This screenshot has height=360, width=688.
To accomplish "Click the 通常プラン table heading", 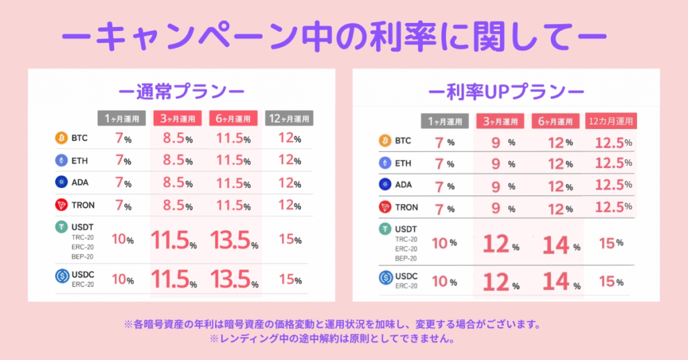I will (181, 91).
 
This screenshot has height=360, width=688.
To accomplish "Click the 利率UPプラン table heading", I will (506, 91).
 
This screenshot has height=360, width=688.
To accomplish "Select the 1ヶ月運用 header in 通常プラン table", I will (122, 119).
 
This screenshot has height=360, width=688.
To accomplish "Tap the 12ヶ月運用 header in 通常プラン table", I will (290, 119).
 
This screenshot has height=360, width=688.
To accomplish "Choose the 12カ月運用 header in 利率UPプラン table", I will (611, 122).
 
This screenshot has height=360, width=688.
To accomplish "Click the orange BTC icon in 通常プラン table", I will (61, 138).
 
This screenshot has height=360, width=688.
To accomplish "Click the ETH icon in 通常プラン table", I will (61, 161).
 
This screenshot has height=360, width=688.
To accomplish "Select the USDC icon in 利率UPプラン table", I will (386, 277).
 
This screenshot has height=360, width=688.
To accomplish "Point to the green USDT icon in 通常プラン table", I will (61, 228).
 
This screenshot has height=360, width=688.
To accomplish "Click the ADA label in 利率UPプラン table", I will (403, 185).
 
